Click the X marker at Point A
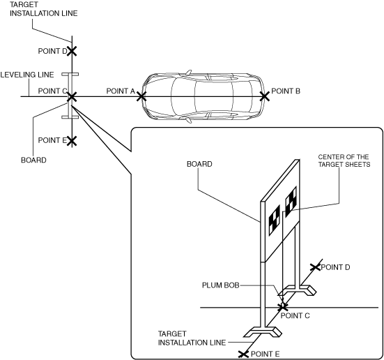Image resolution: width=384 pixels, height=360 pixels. [141, 96]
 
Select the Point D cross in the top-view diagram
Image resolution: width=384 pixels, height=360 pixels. [72, 51]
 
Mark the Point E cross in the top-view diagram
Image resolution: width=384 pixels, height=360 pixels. [72, 141]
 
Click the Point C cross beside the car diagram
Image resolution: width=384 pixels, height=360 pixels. [72, 96]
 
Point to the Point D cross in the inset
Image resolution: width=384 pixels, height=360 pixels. [315, 267]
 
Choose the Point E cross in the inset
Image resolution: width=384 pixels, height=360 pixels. [243, 354]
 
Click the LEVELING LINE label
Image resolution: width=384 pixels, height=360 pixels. [27, 75]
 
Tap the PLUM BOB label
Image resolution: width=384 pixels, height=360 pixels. [220, 285]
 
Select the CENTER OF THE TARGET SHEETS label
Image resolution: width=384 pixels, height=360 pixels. [344, 160]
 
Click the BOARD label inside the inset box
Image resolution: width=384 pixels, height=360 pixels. [199, 164]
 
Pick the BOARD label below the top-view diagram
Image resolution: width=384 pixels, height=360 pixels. [33, 160]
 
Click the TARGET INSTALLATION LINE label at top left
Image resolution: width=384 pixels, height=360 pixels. [44, 9]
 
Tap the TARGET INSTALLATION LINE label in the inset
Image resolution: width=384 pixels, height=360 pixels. [192, 338]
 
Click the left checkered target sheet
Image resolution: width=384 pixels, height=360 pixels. [275, 220]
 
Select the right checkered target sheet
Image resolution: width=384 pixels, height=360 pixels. [291, 202]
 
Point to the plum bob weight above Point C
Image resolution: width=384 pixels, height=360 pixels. [283, 305]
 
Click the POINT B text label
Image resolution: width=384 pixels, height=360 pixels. [286, 91]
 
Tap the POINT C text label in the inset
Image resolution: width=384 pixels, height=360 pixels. [295, 315]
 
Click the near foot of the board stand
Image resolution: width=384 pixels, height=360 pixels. [263, 332]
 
